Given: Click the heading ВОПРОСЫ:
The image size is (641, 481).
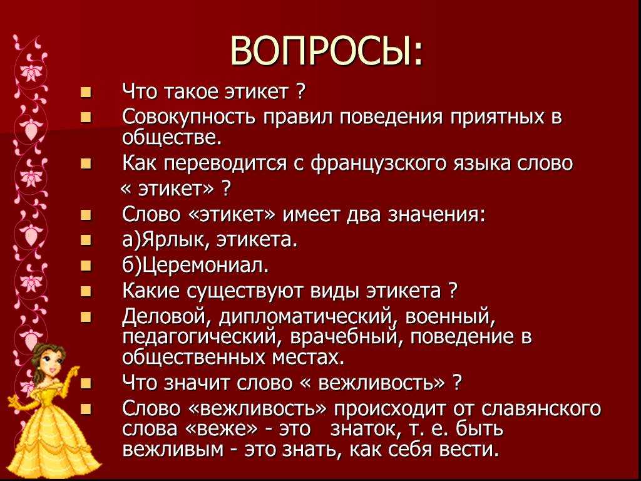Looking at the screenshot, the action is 326,51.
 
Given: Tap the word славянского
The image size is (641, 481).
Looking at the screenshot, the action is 538,409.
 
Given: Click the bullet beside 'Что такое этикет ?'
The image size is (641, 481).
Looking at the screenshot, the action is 86,93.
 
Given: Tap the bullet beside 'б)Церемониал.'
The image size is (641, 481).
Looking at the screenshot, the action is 86,267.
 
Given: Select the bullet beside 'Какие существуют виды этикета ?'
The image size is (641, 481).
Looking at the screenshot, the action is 86,292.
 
